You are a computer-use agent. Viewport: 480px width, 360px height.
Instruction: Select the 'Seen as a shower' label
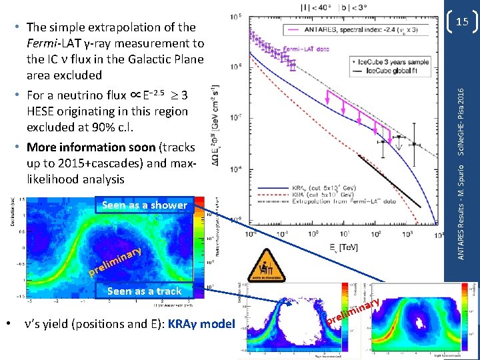click(145, 205)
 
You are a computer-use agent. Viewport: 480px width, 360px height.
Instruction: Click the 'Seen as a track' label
click(144, 291)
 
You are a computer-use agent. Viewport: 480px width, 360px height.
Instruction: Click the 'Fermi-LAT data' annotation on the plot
click(307, 49)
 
